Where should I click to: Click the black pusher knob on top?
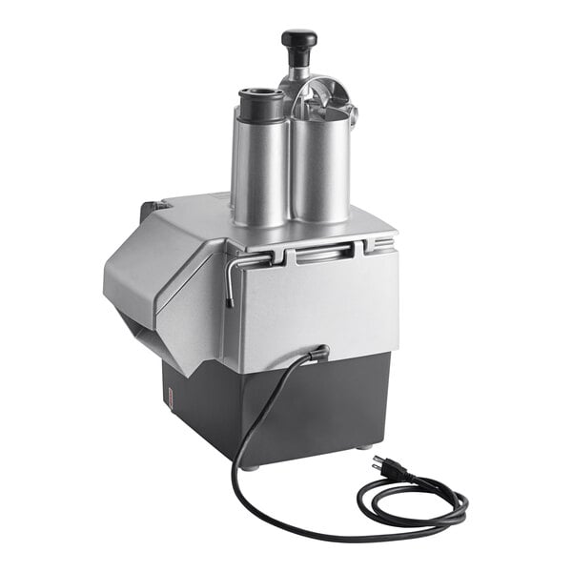click(x=298, y=39)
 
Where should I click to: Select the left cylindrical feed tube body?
click(x=259, y=162)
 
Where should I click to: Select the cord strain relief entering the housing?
click(x=317, y=354)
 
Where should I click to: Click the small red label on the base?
click(x=167, y=396)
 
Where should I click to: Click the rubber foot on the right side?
click(x=366, y=446)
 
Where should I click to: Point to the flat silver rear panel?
click(x=315, y=305)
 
